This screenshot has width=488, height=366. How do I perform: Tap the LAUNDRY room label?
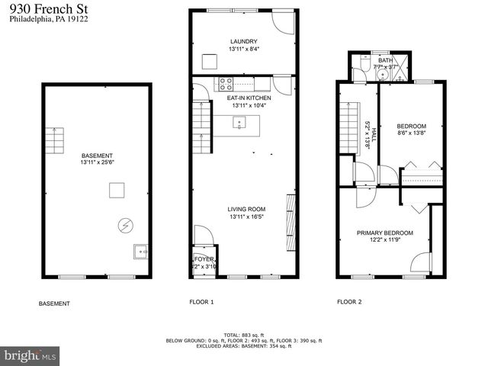coord(244,41)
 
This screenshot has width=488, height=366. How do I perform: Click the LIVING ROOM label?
coord(246,209)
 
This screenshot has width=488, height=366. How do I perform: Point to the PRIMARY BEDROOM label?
coord(384,233)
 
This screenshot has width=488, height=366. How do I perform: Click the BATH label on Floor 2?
coord(385,60)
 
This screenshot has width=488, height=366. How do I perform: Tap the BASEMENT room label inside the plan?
coord(96,154)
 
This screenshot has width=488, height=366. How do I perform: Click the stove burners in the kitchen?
coord(226,83)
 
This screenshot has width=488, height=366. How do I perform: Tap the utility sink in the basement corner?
coord(140,251)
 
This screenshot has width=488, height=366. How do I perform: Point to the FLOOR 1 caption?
coord(201,302)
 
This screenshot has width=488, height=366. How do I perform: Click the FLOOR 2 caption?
coord(349,302)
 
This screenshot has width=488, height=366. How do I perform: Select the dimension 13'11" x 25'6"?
coord(96,162)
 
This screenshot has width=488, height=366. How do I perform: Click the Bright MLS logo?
coord(30,355)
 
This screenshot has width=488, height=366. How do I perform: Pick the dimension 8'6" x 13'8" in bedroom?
coord(412,133)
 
